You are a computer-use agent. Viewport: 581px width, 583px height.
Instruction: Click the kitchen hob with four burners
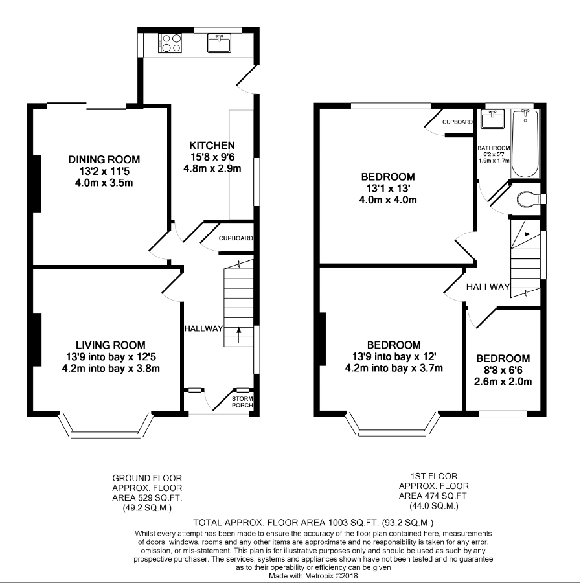(170, 43)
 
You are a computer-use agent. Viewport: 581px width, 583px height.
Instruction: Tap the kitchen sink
(220, 43)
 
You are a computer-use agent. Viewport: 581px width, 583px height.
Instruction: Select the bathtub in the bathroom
(525, 144)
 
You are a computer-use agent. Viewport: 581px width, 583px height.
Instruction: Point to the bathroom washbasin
(492, 119)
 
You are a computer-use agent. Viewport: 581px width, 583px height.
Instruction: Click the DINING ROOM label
(104, 159)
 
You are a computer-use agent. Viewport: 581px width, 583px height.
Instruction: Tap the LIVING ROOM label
(111, 345)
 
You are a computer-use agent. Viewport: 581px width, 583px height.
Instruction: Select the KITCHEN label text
(212, 145)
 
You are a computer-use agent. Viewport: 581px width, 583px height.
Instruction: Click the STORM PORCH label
(242, 402)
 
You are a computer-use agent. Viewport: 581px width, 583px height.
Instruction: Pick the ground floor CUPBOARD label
(236, 238)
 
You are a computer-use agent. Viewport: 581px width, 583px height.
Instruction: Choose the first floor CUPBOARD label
(457, 122)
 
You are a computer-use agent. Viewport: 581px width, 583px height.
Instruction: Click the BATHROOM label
(494, 148)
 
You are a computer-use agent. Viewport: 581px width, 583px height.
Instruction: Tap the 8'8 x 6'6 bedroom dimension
(503, 370)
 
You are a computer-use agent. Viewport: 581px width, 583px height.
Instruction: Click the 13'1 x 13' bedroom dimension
(388, 188)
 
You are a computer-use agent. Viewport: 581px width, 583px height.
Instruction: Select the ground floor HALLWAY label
(203, 328)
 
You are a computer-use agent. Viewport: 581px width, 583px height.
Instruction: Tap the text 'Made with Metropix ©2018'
(313, 576)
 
